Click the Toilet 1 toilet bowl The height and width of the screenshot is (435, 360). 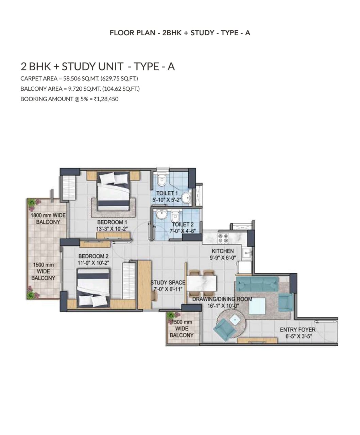point(161,179)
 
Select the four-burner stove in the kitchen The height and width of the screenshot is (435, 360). point(223,238)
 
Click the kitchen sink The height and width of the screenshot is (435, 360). point(247,253)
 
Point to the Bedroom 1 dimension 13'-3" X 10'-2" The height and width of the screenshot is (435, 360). point(112,229)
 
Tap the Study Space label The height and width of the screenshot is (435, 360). point(168,282)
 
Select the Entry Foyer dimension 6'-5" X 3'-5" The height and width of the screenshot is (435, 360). point(299,336)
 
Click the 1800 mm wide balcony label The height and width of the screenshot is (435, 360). point(48,219)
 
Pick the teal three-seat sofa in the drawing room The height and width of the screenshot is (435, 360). point(257,284)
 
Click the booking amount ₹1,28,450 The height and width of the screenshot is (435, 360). point(106,99)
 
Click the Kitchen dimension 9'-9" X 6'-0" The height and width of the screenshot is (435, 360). point(223,258)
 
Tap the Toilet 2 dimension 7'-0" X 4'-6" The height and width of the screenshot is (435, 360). point(182,231)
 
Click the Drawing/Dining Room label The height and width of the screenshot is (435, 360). point(222,299)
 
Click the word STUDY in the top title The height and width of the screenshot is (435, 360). point(202,33)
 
